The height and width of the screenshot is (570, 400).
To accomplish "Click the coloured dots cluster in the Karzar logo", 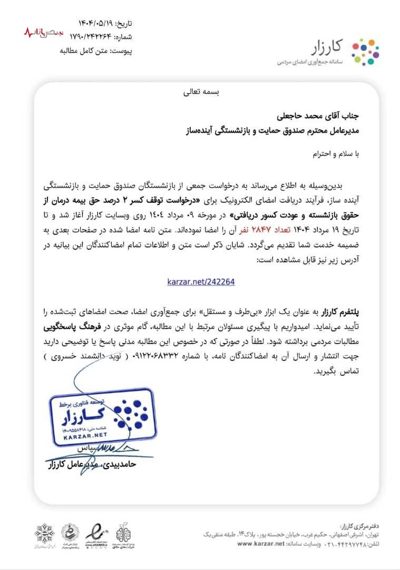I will (365, 52).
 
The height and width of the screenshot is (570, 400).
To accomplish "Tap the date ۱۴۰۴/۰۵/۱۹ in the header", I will (97, 23).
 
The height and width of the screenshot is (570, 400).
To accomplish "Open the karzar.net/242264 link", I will (200, 282).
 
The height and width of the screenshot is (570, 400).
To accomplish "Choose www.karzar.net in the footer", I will (261, 543).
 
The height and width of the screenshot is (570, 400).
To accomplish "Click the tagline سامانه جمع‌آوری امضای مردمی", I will (311, 62).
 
